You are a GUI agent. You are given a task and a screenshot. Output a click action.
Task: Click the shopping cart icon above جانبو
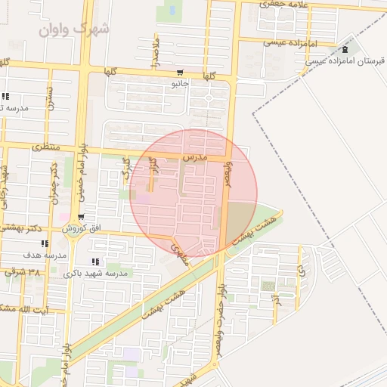[x=180, y=73]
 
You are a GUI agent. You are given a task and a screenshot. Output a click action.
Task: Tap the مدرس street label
[x=194, y=156]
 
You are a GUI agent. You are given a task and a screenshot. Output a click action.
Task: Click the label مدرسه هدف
[x=45, y=255]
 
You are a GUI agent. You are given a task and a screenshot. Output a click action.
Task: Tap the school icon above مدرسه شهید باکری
[x=94, y=261]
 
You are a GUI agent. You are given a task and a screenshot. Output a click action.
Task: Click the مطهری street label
[x=181, y=249]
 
